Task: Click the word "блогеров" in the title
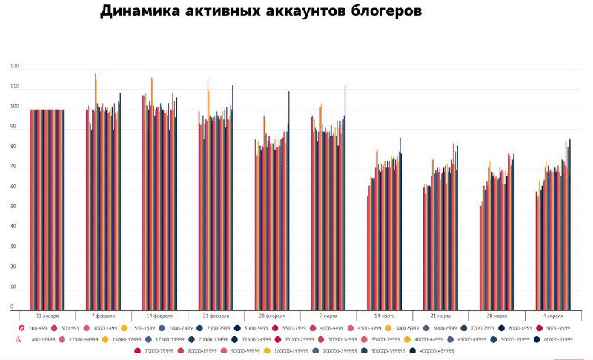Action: (x=380, y=12)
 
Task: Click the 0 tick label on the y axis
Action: (x=13, y=307)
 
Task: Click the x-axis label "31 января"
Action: (x=47, y=316)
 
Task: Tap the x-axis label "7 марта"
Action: (x=327, y=316)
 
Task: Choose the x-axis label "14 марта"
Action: (x=383, y=316)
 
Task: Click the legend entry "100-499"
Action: (x=37, y=327)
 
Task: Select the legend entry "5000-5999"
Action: (x=407, y=327)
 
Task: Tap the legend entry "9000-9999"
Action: (x=554, y=327)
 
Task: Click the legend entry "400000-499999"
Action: (x=431, y=351)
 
